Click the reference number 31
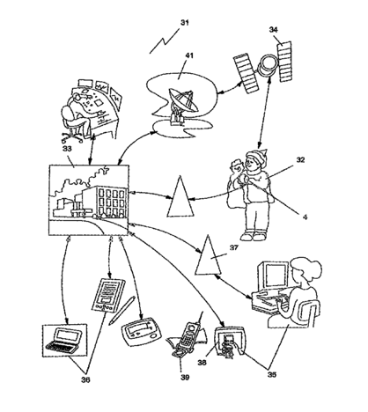point(185,23)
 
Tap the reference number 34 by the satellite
point(274,29)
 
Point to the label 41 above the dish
point(189,55)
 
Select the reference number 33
point(67,149)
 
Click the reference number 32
point(300,160)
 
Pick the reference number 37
point(234,248)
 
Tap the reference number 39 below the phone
point(185,377)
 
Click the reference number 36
point(85,379)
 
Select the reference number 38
point(202,363)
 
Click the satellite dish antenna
point(182,104)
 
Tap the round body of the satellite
point(267,65)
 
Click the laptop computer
point(64,341)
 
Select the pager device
point(141,332)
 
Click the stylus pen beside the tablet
point(121,311)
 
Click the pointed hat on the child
point(258,156)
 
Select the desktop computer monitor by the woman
point(272,275)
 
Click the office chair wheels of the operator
point(72,138)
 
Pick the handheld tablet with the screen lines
point(108,295)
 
